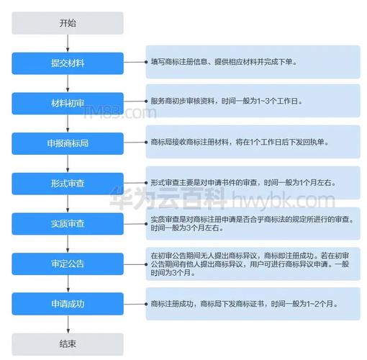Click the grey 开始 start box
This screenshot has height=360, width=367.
tap(68, 23)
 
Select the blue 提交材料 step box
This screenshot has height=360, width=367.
tap(68, 63)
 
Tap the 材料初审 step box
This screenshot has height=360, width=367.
tap(68, 104)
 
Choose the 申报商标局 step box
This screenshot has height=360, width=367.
tap(68, 143)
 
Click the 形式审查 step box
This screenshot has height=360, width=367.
tap(68, 184)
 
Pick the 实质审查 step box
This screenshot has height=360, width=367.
tap(68, 224)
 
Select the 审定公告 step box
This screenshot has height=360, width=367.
tap(68, 264)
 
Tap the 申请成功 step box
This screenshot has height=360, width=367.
tap(68, 304)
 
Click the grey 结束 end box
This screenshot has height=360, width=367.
tap(68, 344)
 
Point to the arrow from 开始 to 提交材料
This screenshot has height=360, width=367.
tap(68, 43)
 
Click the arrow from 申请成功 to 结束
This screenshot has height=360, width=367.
tap(68, 324)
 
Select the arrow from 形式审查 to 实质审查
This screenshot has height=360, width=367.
tap(68, 204)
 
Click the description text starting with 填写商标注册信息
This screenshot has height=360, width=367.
tap(224, 62)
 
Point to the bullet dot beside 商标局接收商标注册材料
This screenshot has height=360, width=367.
tap(146, 143)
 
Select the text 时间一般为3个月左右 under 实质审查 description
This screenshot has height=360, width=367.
tap(187, 228)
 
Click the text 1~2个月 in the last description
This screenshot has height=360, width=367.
tap(320, 304)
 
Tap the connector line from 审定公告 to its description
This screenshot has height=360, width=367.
tap(135, 264)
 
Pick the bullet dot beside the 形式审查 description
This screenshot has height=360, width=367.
tap(146, 183)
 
